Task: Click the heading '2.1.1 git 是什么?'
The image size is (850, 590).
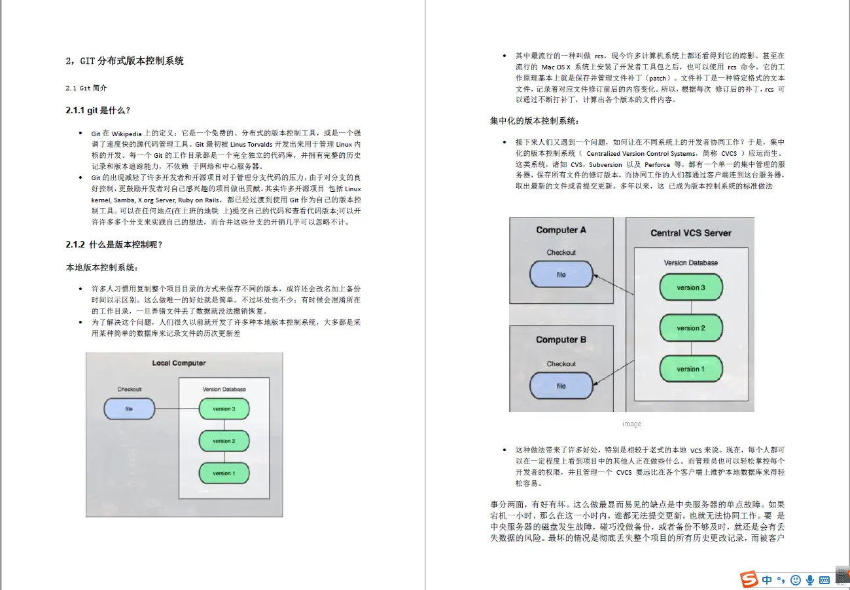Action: point(102,111)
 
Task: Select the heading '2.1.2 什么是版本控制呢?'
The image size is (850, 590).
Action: point(114,244)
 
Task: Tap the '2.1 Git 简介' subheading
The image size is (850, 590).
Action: point(86,88)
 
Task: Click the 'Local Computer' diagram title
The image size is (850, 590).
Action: point(179,363)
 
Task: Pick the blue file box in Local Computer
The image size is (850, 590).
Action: point(129,409)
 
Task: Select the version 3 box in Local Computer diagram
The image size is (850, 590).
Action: point(222,409)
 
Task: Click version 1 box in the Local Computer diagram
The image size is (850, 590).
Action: point(222,473)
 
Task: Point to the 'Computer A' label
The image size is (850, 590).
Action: point(561,230)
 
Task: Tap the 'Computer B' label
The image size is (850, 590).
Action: point(561,339)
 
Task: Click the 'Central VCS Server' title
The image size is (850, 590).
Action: point(690,233)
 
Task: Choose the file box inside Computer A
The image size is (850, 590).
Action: point(561,275)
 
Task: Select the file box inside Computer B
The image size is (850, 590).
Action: point(561,386)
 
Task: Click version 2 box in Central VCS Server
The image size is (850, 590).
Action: point(690,328)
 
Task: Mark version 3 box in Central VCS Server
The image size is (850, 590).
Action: point(690,287)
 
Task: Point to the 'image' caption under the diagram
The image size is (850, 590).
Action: point(631,424)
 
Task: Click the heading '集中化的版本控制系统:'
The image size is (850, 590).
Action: point(534,121)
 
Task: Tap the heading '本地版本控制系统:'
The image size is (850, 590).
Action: point(101,267)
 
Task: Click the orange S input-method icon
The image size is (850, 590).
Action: point(749,580)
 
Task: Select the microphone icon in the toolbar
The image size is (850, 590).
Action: point(810,580)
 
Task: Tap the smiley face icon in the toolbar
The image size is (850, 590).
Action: point(796,580)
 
